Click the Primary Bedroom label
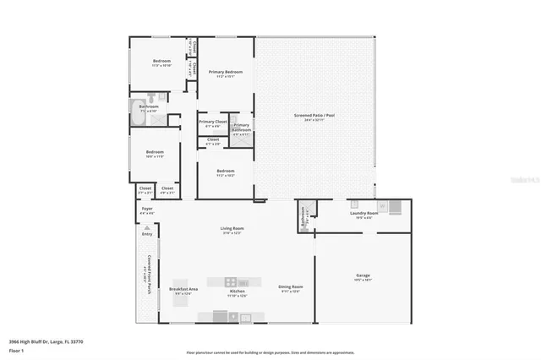(x=226, y=73)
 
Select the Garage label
(x=363, y=275)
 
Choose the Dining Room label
(x=291, y=287)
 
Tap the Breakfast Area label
(x=183, y=289)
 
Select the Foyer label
(x=146, y=208)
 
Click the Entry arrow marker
(x=146, y=228)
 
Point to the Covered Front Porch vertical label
(x=149, y=275)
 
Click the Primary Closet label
(x=212, y=122)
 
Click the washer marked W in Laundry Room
(x=382, y=205)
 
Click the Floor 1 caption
(x=15, y=349)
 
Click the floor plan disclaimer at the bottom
(x=270, y=352)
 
